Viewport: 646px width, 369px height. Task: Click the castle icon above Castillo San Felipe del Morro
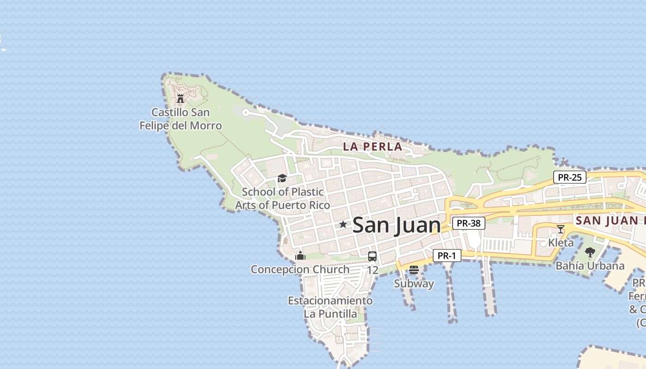point(180,98)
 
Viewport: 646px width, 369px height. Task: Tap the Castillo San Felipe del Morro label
point(181,119)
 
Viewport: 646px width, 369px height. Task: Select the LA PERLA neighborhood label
point(372,147)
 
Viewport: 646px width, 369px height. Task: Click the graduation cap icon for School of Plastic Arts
point(282,179)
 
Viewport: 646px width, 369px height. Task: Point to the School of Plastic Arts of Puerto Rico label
point(282,198)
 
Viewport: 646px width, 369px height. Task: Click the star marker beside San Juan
point(343,225)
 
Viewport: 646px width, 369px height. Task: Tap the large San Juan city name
point(396,225)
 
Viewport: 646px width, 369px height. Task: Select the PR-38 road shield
point(468,224)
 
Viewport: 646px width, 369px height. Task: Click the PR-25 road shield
point(570,177)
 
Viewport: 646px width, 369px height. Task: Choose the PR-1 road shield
point(447,256)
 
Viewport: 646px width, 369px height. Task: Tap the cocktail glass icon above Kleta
point(561,229)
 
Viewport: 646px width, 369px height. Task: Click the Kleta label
point(561,243)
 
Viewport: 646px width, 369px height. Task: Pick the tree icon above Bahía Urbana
point(590,252)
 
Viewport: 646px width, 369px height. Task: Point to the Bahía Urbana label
point(590,266)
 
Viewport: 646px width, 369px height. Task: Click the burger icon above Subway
point(414,270)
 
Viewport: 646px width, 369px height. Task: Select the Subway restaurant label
point(414,284)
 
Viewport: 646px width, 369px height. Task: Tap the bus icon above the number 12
point(372,256)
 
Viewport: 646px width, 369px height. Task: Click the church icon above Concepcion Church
point(300,256)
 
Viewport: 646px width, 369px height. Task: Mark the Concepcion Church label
point(300,269)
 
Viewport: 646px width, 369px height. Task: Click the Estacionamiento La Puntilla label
point(330,307)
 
